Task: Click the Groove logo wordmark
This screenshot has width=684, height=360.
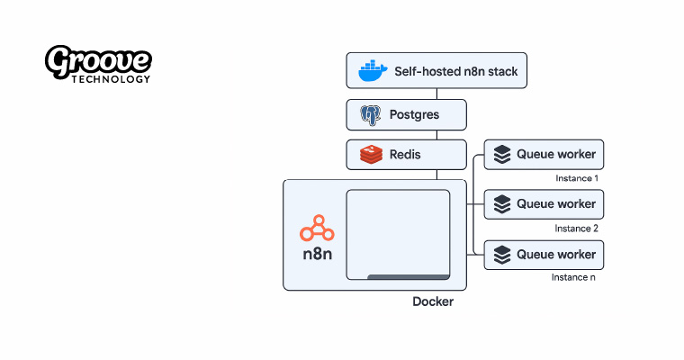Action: coord(98,62)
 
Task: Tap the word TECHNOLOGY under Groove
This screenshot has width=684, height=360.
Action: coord(113,79)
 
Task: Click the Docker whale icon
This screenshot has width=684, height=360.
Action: coord(372,69)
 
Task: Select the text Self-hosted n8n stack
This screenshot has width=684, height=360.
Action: coord(456,69)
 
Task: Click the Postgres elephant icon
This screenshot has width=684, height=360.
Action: coord(370,115)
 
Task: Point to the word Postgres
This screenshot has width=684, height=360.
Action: coord(414,115)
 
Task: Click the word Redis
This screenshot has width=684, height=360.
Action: coord(405,155)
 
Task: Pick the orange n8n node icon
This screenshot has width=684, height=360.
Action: coord(318,229)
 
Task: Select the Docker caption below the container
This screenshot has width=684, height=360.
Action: coord(433,302)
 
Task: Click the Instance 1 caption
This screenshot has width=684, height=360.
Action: coord(577,178)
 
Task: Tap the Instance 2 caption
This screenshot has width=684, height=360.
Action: coord(577,228)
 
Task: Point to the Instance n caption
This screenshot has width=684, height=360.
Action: coord(573,277)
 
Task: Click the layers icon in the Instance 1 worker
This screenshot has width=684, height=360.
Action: coord(502,155)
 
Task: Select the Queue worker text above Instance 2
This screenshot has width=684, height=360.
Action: coord(555,203)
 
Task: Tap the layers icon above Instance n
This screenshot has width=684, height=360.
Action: coord(502,254)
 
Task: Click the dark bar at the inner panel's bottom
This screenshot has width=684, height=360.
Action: coord(408,277)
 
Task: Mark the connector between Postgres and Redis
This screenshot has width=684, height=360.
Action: coord(406,135)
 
